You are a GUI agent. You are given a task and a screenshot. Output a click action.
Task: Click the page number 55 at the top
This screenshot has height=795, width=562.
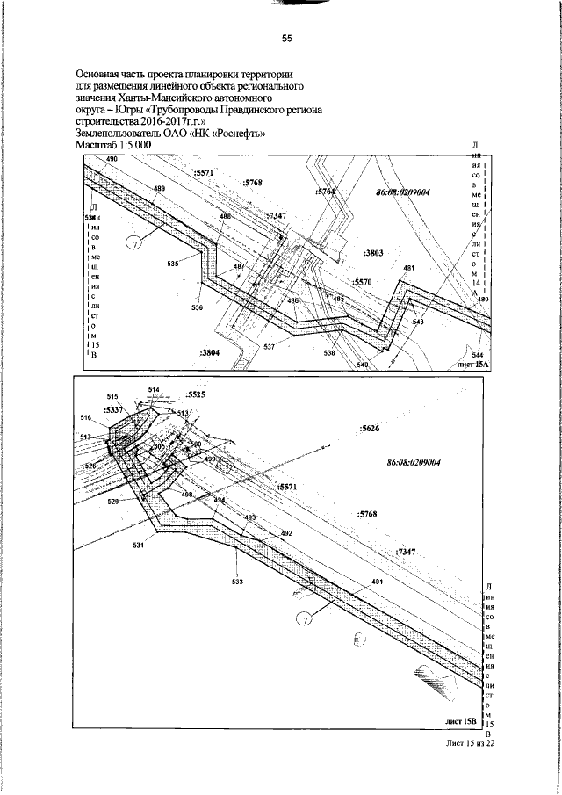point(286,39)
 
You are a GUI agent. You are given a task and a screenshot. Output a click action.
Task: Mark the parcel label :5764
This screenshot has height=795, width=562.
point(325,191)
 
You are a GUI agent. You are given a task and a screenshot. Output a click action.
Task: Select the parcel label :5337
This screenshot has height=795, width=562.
point(115,410)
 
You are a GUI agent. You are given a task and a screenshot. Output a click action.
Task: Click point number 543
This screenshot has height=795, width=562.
point(417,322)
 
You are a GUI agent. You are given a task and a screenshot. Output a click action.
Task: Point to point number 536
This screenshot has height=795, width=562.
point(197,307)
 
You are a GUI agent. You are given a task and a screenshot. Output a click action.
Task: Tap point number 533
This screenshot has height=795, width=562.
point(238,581)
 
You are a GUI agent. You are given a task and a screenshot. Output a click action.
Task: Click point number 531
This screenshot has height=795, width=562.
point(138,546)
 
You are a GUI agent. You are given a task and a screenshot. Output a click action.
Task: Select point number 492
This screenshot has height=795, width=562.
point(285,533)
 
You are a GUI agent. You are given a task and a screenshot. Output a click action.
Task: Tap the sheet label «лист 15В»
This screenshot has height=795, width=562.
point(460,721)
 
